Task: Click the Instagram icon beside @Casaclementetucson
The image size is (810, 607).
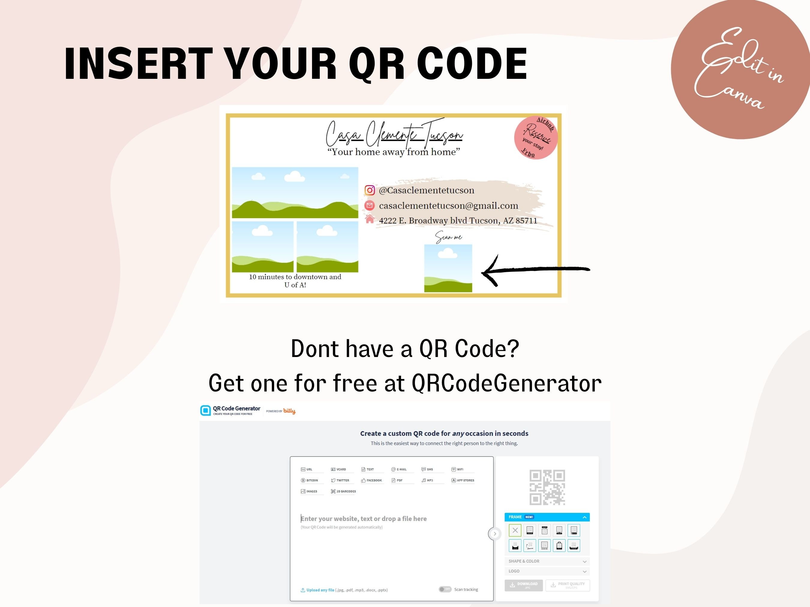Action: click(x=370, y=190)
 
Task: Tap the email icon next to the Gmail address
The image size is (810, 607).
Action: click(x=370, y=206)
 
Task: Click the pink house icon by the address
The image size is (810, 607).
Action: click(x=370, y=219)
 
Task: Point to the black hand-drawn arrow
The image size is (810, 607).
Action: click(x=535, y=270)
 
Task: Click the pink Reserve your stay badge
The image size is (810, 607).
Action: click(x=536, y=138)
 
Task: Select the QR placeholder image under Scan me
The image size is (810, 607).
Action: click(x=448, y=268)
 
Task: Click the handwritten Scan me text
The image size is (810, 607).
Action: click(x=448, y=237)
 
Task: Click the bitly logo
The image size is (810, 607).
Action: click(x=289, y=411)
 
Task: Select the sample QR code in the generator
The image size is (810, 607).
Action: click(x=547, y=487)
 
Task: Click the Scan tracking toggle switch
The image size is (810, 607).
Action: click(x=445, y=589)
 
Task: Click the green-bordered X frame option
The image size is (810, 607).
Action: click(x=515, y=530)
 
